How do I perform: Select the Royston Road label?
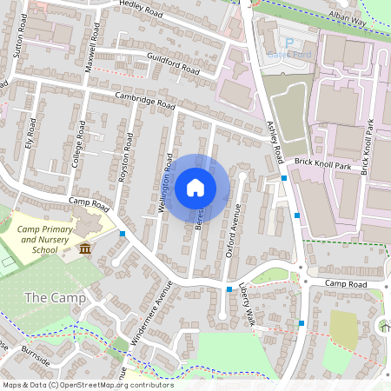tap(126, 157)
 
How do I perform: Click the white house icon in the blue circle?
tap(195, 187)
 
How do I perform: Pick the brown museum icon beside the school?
tap(85, 249)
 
